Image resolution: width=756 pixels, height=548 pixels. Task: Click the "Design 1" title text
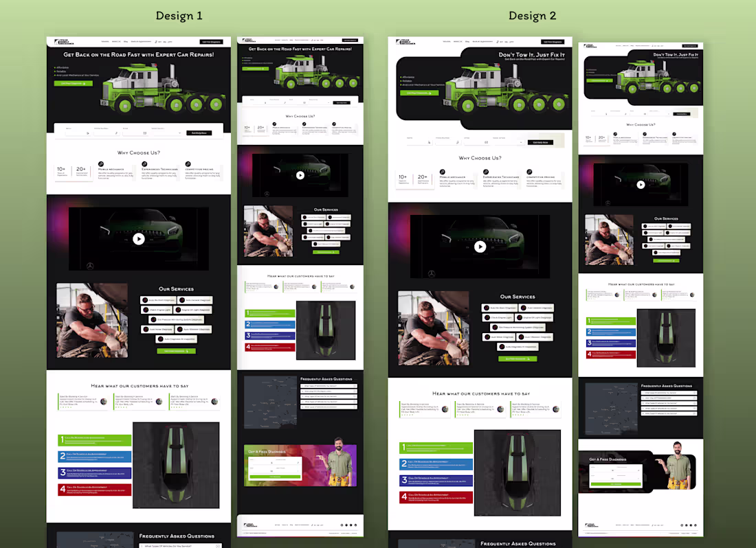pyautogui.click(x=179, y=16)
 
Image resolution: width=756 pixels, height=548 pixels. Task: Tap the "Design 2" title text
pyautogui.click(x=533, y=16)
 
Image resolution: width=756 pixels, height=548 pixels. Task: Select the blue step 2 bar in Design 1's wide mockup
pyautogui.click(x=95, y=457)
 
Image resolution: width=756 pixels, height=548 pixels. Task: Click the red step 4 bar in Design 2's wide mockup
pyautogui.click(x=436, y=496)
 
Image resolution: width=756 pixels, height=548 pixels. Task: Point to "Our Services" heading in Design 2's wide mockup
pyautogui.click(x=518, y=297)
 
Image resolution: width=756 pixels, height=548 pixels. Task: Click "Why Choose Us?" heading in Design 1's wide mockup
pyautogui.click(x=138, y=152)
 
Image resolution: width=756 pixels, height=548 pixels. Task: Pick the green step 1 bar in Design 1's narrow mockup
pyautogui.click(x=270, y=313)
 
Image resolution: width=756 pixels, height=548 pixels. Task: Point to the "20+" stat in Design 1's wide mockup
pyautogui.click(x=81, y=170)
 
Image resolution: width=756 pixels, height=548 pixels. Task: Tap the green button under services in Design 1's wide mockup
pyautogui.click(x=176, y=351)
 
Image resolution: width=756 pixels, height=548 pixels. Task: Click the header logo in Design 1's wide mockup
pyautogui.click(x=62, y=42)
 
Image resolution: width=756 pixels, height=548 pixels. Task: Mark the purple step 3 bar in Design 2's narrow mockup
pyautogui.click(x=610, y=343)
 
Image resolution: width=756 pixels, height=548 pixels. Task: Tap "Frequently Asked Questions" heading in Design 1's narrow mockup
pyautogui.click(x=326, y=379)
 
